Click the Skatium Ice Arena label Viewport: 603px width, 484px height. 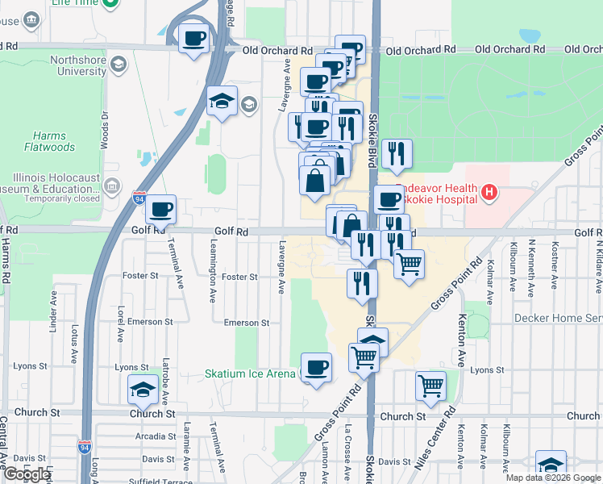point(249,374)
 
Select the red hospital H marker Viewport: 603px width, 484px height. point(488,193)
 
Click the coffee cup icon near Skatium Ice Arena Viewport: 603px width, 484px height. point(316,369)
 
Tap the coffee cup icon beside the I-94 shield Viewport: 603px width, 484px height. point(161,210)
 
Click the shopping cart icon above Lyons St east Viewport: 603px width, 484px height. point(431,386)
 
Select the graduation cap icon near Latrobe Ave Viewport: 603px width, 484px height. point(143,390)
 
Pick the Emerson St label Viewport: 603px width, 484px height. point(246,323)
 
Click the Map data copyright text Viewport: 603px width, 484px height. point(552,478)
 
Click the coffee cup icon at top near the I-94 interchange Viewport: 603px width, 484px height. point(194,39)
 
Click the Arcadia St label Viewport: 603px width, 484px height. point(151,436)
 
